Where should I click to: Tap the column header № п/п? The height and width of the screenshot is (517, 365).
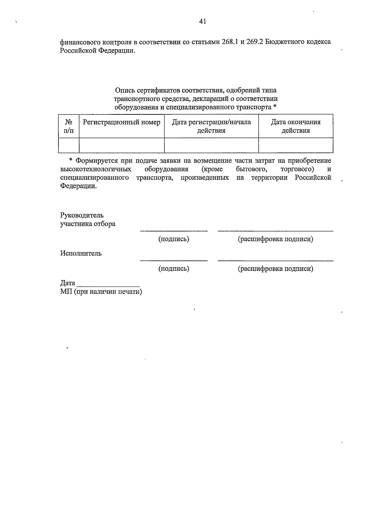click(x=69, y=126)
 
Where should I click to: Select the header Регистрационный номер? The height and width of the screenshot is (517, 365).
click(x=122, y=122)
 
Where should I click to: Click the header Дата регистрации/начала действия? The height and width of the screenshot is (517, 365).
click(x=211, y=126)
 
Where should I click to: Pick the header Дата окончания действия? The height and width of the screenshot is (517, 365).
click(x=296, y=126)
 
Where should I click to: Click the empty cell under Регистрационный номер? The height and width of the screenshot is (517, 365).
click(x=122, y=145)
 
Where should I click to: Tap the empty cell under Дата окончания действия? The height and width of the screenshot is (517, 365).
click(x=296, y=145)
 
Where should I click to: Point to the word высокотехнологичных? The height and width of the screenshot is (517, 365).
click(x=96, y=169)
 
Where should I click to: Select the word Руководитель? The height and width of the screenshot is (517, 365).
click(x=82, y=215)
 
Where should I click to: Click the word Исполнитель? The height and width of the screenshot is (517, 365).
click(x=81, y=253)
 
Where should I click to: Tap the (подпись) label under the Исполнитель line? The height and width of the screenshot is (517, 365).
click(x=174, y=269)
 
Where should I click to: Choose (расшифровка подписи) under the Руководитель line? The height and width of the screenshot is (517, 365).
click(x=275, y=239)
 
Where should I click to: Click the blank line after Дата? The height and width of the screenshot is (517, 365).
click(x=108, y=286)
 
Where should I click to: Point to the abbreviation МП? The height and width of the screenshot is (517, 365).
click(x=65, y=292)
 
